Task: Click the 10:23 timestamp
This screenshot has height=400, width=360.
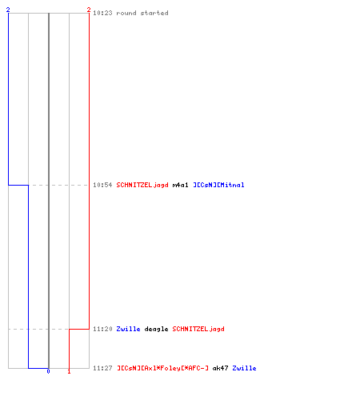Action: point(102,13)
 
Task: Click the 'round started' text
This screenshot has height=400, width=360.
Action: point(142,13)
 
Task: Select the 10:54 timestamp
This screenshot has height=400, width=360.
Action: point(102,185)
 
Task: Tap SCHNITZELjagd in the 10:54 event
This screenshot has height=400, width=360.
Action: point(142,185)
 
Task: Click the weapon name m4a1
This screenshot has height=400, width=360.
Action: point(180,185)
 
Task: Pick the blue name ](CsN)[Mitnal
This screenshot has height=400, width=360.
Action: point(218,185)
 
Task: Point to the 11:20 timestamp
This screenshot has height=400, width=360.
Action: point(102,329)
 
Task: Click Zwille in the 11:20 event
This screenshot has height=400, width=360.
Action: point(128,329)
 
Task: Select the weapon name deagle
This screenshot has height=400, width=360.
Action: point(156,329)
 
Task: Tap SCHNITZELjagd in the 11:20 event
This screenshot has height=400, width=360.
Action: point(198,329)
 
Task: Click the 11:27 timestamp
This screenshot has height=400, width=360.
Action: point(102,368)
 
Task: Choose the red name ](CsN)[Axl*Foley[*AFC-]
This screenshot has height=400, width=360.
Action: point(162,368)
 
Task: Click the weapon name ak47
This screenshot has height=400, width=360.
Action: point(220,368)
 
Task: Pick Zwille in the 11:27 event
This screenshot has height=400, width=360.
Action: point(244,368)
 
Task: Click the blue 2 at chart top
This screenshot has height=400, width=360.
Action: point(8,10)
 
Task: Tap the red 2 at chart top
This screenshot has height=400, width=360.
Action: point(89,10)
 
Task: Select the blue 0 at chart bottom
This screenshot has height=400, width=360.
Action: point(48,371)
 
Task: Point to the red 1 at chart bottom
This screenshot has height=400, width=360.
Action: point(69,371)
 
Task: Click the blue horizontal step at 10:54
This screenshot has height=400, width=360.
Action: point(18,185)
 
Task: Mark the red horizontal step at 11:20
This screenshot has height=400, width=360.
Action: point(79,329)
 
